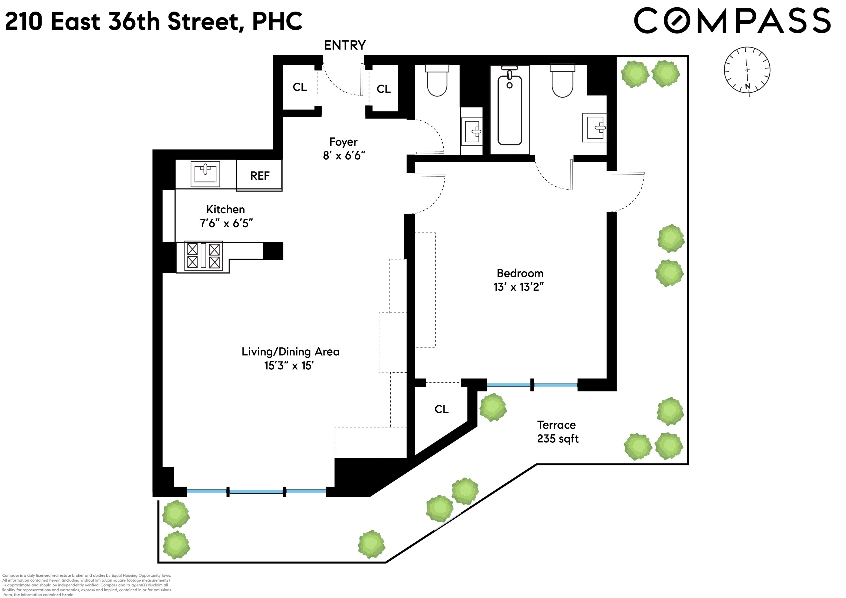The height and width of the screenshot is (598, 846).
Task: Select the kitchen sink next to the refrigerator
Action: point(205,174)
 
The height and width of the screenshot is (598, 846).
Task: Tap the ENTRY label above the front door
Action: point(344,45)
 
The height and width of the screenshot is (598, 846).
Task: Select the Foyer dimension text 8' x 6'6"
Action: point(344,156)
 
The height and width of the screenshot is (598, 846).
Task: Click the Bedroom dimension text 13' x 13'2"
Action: point(518,287)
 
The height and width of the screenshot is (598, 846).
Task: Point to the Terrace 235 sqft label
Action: point(557,432)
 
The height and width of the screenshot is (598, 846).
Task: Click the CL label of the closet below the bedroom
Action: point(441,409)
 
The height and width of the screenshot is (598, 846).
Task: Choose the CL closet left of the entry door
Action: point(300,87)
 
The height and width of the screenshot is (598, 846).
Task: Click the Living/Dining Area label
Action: point(290,352)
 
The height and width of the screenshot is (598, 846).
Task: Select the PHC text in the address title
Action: point(277,21)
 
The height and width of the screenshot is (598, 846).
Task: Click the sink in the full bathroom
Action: point(594,127)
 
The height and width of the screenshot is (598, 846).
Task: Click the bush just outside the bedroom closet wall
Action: point(493,408)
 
